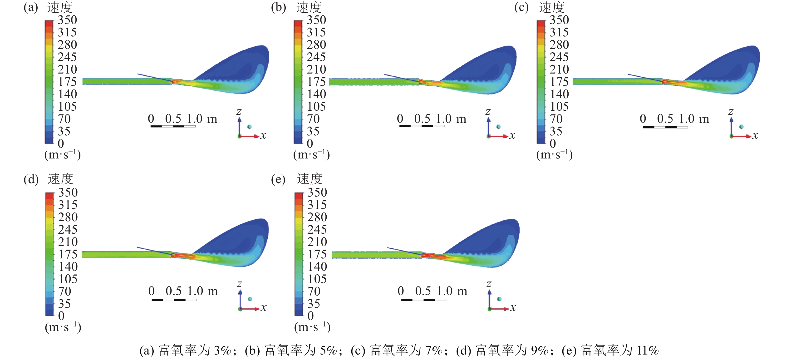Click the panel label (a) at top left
point(31,7)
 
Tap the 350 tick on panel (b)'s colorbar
point(316,20)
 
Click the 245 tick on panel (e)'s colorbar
point(317,230)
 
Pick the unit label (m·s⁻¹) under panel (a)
point(62,154)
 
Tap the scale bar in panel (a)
point(173,126)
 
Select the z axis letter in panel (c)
point(731,112)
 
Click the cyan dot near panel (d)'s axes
point(250,299)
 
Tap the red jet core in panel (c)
point(674,82)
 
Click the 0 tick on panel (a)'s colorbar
point(61,144)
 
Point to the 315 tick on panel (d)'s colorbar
point(68,205)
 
